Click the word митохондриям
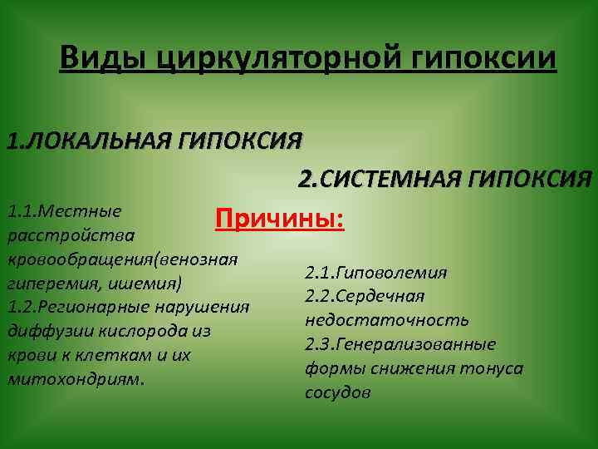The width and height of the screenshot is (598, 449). click(x=76, y=379)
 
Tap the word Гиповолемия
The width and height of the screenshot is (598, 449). click(x=395, y=272)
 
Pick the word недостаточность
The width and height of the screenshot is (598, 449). click(x=386, y=320)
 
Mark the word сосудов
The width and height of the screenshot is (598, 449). click(x=337, y=392)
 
